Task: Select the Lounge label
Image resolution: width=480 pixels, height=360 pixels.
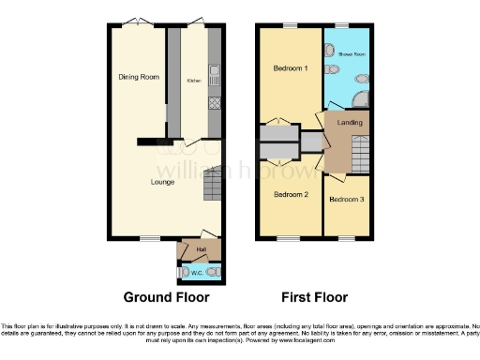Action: [x=163, y=181]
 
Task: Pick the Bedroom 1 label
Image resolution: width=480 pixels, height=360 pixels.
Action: [x=290, y=69]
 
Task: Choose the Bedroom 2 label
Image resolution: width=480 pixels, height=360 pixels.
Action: [x=291, y=195]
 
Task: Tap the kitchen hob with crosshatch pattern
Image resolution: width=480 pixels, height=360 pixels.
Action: [x=215, y=102]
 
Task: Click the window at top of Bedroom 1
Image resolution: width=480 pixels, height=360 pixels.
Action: [x=291, y=25]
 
